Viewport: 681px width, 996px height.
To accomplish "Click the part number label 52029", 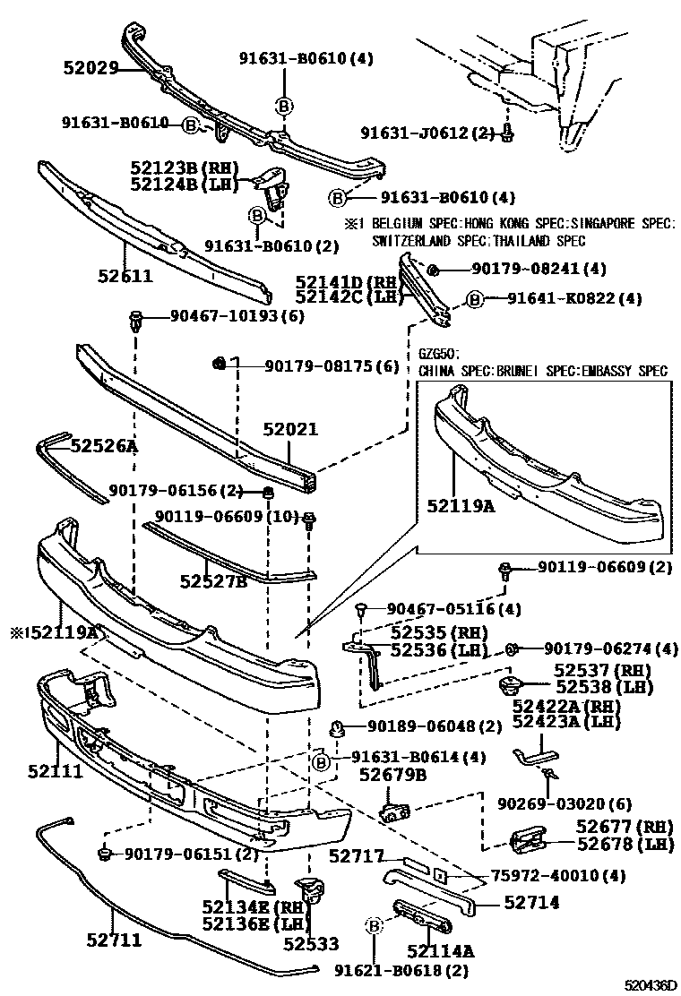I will (x=91, y=68).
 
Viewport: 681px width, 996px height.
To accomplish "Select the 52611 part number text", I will (x=125, y=276).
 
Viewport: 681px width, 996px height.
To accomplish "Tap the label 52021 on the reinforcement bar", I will (x=289, y=429).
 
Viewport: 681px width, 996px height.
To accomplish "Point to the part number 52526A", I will (x=104, y=444).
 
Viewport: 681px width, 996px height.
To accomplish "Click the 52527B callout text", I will (x=212, y=582).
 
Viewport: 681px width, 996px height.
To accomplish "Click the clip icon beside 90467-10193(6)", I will (x=134, y=319).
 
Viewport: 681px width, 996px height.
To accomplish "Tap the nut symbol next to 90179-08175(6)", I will (x=217, y=362).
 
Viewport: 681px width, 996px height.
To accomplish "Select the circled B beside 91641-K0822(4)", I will (x=474, y=299).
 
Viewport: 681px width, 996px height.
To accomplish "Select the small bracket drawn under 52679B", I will (x=394, y=812).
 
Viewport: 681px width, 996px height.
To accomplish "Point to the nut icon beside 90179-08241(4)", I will (x=432, y=269).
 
